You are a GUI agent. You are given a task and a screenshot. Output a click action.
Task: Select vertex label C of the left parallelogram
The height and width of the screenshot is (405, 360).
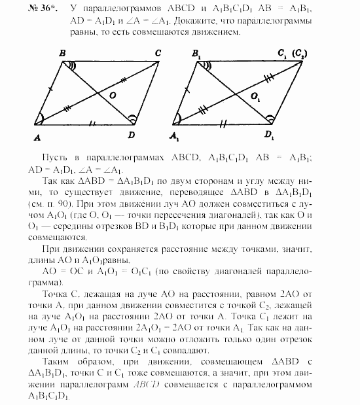[158, 54]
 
